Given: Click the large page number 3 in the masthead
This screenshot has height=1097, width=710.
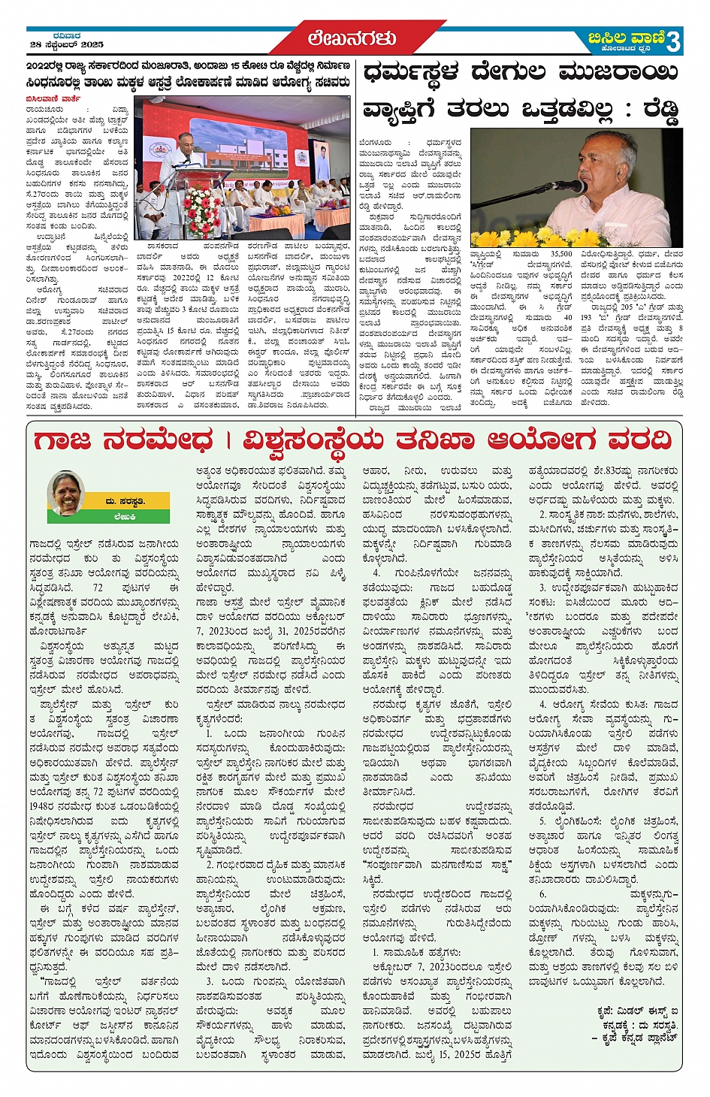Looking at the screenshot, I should click(x=672, y=41).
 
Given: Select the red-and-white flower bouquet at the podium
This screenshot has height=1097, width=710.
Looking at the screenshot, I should click(x=202, y=210).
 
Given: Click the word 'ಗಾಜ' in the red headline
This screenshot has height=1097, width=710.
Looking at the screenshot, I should click(x=62, y=441).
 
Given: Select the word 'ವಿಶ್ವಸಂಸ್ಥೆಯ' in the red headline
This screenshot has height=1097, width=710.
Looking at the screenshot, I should click(x=316, y=441).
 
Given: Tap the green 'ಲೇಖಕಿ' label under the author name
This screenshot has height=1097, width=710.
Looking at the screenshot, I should click(x=125, y=516).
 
